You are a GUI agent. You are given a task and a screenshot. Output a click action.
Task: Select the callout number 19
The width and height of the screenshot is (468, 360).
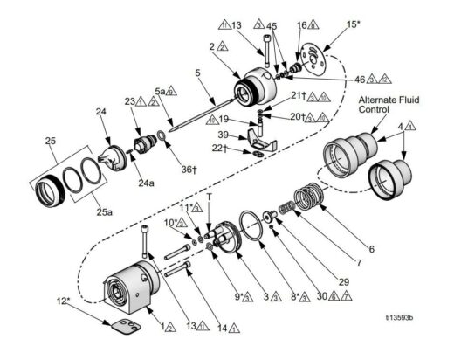pos(224,119)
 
